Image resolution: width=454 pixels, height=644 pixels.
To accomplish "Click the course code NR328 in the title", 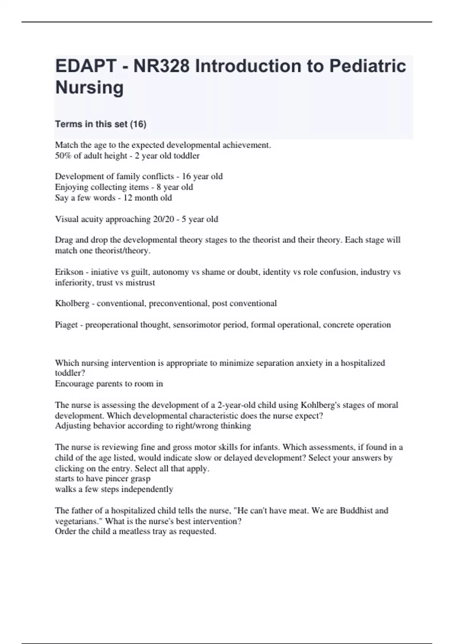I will [161, 66].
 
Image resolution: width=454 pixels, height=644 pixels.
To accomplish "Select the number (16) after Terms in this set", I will [138, 124].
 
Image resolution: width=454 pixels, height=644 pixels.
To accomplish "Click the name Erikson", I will [69, 272].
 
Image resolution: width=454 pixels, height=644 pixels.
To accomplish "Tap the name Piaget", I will [66, 325].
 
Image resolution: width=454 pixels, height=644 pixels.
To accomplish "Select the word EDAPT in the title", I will [86, 66].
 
